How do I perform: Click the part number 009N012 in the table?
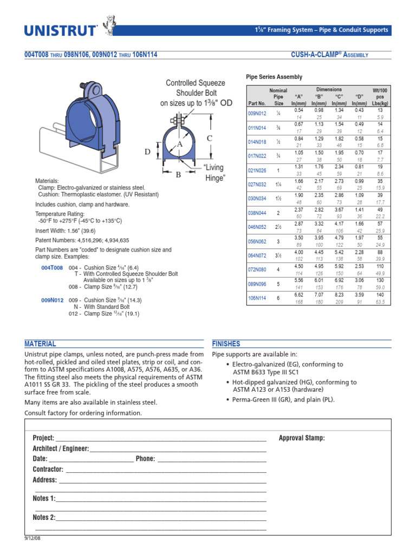click(257, 113)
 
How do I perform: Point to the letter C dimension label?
click(209, 139)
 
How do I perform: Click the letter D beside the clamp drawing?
click(147, 153)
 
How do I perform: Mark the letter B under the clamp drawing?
click(177, 174)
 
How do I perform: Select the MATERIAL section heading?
click(40, 344)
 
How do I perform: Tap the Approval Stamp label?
click(302, 438)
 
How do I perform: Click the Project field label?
click(43, 438)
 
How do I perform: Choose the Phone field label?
click(145, 459)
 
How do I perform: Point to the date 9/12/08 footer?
click(33, 539)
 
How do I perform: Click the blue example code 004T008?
click(52, 267)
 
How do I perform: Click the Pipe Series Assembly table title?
click(274, 77)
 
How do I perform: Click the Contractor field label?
click(48, 469)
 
